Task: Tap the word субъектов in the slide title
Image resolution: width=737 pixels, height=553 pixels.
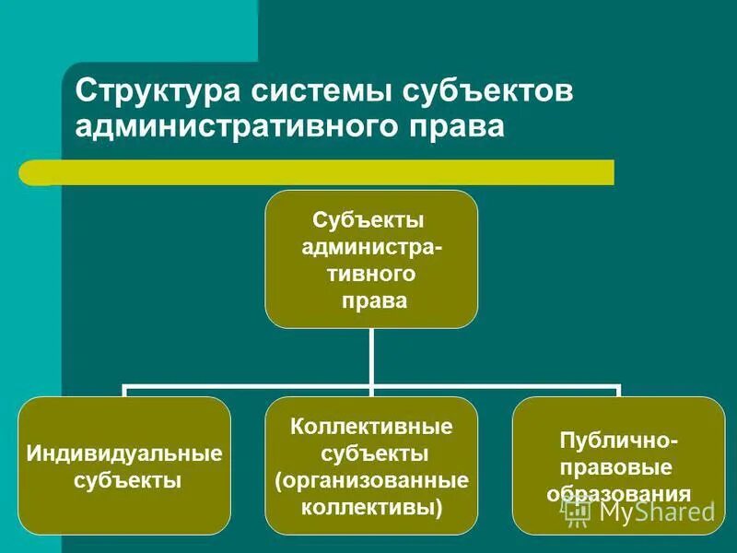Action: pyautogui.click(x=487, y=92)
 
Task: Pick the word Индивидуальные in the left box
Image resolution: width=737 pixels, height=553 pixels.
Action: pyautogui.click(x=124, y=453)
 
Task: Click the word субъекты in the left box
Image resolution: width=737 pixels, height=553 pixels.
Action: pyautogui.click(x=126, y=480)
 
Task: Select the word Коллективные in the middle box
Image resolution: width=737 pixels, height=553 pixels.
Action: pyautogui.click(x=371, y=427)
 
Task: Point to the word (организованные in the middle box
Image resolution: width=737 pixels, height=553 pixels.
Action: pyautogui.click(x=371, y=480)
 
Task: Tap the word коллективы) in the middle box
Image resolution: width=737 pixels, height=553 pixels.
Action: pyautogui.click(x=373, y=506)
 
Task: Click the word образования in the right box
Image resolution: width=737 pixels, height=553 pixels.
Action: pyautogui.click(x=618, y=493)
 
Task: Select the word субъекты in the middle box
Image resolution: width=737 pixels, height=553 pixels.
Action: pyautogui.click(x=373, y=453)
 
